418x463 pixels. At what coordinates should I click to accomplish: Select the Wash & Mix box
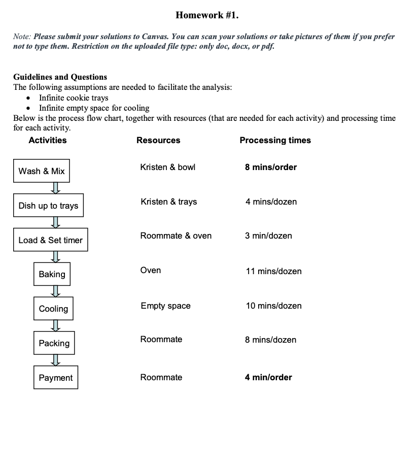pos(42,171)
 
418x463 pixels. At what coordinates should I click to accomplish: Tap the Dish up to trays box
pos(48,206)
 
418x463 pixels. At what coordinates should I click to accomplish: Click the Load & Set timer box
pos(50,240)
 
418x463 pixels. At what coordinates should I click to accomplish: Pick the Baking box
pos(52,274)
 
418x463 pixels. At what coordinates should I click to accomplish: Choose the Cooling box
pos(53,309)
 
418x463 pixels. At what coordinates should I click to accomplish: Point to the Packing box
pos(54,343)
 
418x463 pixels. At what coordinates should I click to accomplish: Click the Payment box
pos(56,378)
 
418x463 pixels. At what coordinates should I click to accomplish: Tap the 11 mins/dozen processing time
pos(273,271)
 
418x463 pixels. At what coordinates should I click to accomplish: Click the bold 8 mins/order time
pos(271,167)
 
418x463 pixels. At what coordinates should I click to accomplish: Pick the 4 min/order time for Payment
pos(268,377)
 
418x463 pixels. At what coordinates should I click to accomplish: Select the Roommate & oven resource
pos(176,236)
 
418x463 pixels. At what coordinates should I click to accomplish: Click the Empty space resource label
pos(165,306)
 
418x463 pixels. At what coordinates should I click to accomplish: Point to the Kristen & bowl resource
pos(167,167)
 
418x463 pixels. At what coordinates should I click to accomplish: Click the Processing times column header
pos(275,140)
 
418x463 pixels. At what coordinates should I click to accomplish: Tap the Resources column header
pos(158,140)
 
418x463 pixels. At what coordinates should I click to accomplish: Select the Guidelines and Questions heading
pos(60,77)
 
